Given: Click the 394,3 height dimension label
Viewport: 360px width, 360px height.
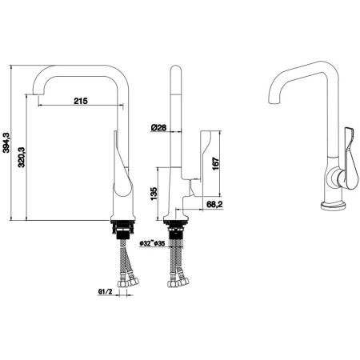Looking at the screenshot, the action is click(x=6, y=143).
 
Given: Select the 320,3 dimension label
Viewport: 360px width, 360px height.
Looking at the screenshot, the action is click(x=22, y=158).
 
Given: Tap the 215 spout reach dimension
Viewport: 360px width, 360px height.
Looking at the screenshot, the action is click(x=81, y=101).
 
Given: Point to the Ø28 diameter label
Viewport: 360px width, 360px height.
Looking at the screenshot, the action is click(x=158, y=128).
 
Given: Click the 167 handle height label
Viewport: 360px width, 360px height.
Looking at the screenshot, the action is click(x=215, y=163).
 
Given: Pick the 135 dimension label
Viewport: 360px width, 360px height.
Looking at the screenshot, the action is click(x=154, y=194).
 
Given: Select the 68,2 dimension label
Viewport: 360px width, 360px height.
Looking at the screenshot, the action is click(x=214, y=204).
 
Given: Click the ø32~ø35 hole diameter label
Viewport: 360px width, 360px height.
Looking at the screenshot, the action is click(x=152, y=243).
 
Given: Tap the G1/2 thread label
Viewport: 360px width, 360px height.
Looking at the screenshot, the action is click(x=105, y=292).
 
